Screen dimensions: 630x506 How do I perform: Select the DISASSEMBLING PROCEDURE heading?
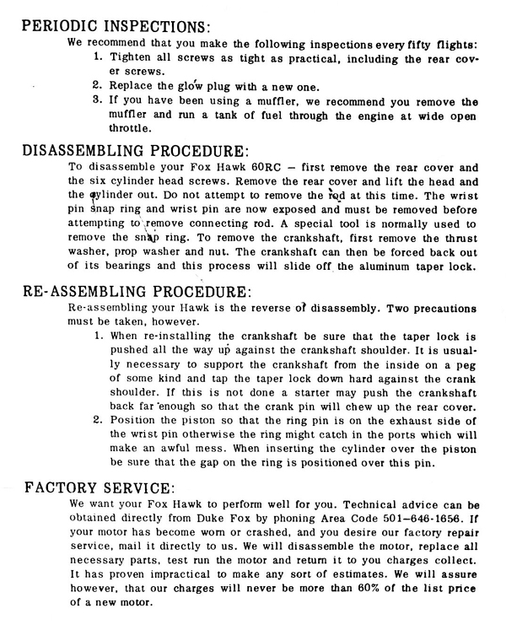[x=126, y=153]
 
